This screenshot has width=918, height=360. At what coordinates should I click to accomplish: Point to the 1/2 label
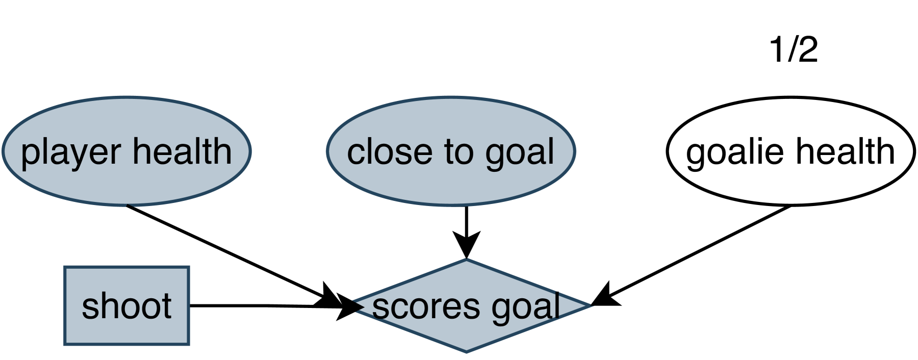click(793, 50)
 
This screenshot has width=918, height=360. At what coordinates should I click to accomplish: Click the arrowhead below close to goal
click(467, 243)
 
